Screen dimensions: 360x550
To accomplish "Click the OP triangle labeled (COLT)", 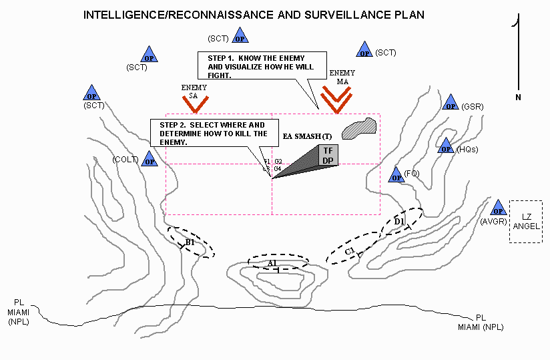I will click(150, 160).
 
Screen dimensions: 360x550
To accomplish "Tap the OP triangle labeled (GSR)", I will click(451, 104).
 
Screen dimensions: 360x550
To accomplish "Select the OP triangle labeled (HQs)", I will click(445, 147).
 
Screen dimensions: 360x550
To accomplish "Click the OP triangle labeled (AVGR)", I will click(498, 208).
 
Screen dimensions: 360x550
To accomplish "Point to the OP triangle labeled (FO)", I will click(396, 176).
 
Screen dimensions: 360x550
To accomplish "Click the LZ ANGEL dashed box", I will click(526, 221).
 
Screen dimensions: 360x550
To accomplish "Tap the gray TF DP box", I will click(328, 155).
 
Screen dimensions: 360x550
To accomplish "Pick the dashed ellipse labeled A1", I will click(278, 262).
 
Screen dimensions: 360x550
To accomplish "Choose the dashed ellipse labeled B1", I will click(191, 242).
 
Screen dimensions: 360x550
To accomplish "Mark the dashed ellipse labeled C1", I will click(353, 248).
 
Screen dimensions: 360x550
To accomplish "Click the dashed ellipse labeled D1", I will click(401, 222).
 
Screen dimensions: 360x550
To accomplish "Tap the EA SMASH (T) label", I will click(307, 136).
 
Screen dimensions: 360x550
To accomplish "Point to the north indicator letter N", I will click(518, 98).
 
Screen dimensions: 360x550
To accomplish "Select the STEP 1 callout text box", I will click(255, 67).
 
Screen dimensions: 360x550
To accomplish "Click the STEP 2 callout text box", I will click(212, 134).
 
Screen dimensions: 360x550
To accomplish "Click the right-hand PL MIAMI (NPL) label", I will click(481, 323).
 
